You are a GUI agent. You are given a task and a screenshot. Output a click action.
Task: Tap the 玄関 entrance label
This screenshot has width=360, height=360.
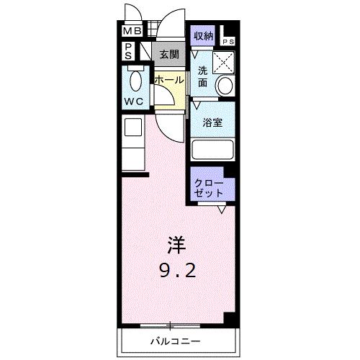[x=169, y=54]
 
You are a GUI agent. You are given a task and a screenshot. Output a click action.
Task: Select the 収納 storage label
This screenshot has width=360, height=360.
[x=202, y=34]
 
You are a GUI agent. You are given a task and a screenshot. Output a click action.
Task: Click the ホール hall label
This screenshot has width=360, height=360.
[x=169, y=80]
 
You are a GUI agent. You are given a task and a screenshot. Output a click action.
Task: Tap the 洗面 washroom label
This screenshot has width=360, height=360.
[x=202, y=77]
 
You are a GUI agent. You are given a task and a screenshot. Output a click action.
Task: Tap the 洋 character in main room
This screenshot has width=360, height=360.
[x=174, y=246]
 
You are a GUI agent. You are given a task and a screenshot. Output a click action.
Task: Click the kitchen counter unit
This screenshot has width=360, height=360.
[x=133, y=143]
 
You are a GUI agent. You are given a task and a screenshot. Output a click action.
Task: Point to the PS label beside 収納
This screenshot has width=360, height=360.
[x=228, y=42]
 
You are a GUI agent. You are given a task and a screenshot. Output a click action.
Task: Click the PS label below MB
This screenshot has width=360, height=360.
[x=127, y=51]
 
